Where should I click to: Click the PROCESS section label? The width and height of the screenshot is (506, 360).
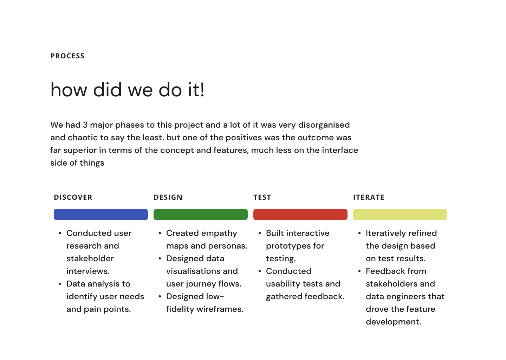coord(67,56)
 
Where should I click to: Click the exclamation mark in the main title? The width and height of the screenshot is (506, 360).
coord(202,90)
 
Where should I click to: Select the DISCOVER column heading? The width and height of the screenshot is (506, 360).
coord(73,197)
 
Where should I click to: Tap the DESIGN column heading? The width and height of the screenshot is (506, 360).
coord(168,197)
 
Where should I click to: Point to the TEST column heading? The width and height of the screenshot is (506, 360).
coord(262,197)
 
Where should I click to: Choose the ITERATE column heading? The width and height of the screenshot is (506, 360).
coord(369,197)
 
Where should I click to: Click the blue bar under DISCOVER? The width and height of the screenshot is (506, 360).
coord(101,214)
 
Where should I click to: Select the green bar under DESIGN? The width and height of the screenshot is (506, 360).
coord(201,214)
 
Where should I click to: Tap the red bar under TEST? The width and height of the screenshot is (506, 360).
coord(300,214)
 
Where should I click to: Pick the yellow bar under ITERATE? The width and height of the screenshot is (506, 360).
coord(400,214)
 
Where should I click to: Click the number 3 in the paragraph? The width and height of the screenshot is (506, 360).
coord(85,125)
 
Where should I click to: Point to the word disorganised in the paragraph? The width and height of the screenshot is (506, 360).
coord(324,125)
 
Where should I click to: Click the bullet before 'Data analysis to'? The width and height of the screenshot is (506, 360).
coord(60,284)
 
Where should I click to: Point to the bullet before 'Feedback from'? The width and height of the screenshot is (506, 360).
coord(359,271)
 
